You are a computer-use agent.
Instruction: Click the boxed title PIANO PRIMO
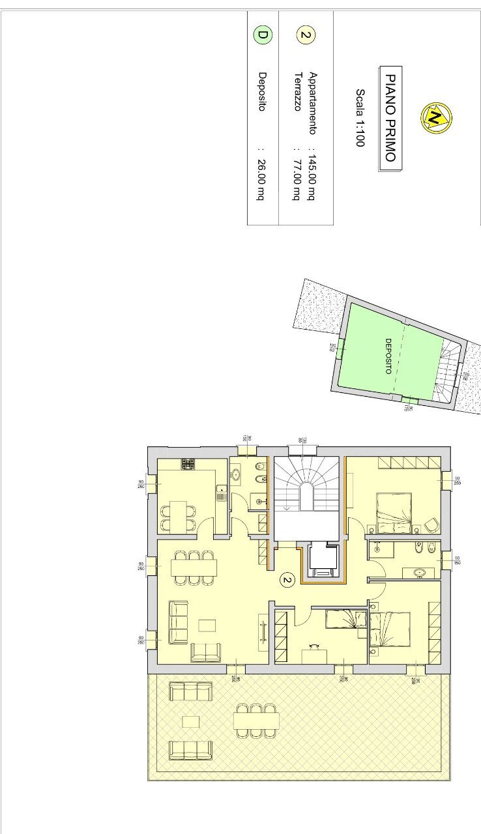390,117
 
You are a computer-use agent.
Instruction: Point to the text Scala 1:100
359,117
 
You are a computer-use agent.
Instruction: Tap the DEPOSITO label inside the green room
388,356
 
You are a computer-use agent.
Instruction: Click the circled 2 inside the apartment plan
285,579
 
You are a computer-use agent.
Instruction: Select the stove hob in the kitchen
188,464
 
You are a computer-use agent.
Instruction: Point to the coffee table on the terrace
190,721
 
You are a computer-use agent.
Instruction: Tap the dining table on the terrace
256,720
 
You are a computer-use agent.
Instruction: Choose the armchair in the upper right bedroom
431,524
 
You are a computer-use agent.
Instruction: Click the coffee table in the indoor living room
207,625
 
